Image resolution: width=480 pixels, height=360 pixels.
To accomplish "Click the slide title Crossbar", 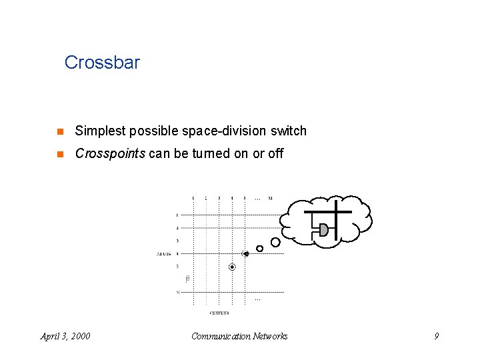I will (x=102, y=63).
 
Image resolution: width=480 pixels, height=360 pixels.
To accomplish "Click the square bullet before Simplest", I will (x=59, y=131).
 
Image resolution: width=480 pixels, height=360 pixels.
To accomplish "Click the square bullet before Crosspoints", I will (x=59, y=153).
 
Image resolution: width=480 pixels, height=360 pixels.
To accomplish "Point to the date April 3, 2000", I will (x=65, y=336).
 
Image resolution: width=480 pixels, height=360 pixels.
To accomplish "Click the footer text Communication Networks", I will (x=239, y=336).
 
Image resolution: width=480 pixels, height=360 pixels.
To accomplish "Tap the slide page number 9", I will (x=437, y=336).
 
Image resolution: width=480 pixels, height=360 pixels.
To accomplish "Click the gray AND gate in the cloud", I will (x=323, y=230).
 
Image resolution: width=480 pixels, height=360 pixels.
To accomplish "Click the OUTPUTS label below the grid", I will (x=219, y=313).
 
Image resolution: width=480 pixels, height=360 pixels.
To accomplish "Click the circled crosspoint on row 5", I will (x=232, y=267).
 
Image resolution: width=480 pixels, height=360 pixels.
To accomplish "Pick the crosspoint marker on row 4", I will (x=245, y=254).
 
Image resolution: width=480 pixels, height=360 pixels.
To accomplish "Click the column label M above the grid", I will (x=270, y=198).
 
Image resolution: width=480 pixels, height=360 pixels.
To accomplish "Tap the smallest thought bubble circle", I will (x=259, y=249).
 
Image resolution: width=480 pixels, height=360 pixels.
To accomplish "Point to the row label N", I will (x=177, y=292).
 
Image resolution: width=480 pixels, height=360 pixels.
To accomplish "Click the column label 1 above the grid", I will (x=193, y=198).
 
